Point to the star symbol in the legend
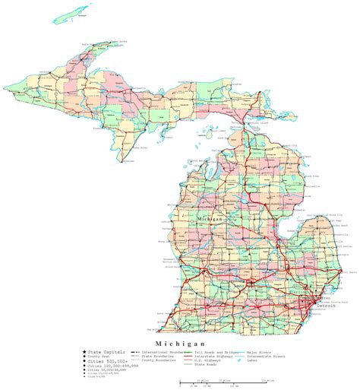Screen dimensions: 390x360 pyautogui.click(x=84, y=353)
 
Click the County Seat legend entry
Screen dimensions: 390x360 pyautogui.click(x=100, y=357)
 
